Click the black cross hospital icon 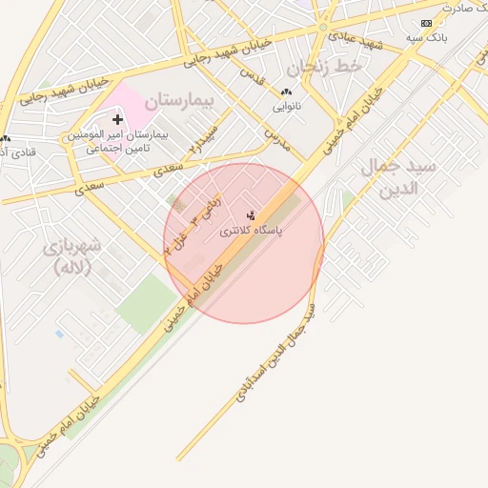[x=117, y=119]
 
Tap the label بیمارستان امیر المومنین [x=117, y=135]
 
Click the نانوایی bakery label [x=286, y=106]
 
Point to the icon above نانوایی [x=286, y=92]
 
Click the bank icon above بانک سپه [x=426, y=23]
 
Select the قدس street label [x=249, y=73]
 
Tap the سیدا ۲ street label [x=203, y=139]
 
